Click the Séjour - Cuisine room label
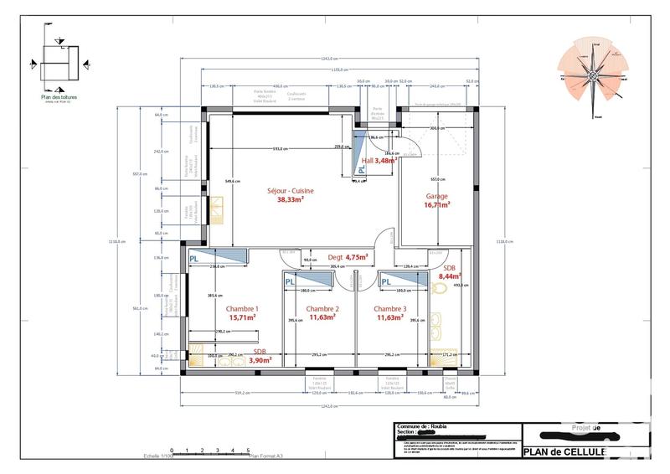click(x=286, y=191)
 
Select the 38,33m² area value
click(x=290, y=200)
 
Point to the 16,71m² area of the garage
click(x=437, y=204)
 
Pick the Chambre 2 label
click(x=322, y=309)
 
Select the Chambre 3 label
click(x=390, y=309)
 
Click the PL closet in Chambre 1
click(x=194, y=259)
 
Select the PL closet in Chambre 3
click(x=387, y=282)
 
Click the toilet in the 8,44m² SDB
click(x=439, y=288)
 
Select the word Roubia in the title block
click(x=441, y=426)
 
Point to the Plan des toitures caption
click(x=59, y=96)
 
